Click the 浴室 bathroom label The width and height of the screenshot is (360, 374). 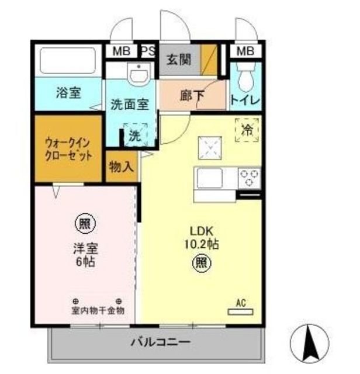coord(68,92)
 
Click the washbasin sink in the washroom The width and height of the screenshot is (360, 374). coord(139,74)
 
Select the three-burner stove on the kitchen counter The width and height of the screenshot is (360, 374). coord(250,177)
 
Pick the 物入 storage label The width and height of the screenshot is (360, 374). coord(122,167)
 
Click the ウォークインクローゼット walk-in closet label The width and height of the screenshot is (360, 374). coord(69,150)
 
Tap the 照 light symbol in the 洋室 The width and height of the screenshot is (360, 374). coord(85,223)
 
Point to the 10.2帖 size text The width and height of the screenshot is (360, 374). coord(202,244)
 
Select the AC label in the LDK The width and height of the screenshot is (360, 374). coord(240,303)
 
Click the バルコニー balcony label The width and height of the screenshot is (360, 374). coord(158,341)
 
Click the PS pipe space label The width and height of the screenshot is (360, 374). coord(148,51)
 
